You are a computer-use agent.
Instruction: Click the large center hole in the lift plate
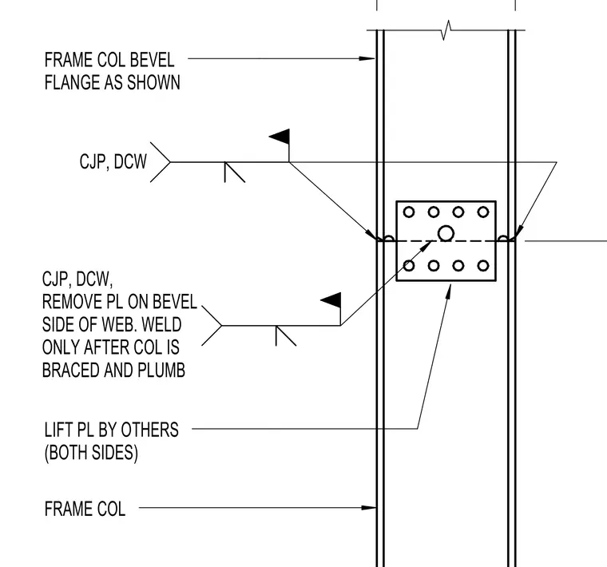446,233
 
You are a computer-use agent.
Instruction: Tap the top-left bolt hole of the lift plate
409,212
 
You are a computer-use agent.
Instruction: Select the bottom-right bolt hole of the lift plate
482,265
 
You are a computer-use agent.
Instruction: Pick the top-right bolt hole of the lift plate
482,212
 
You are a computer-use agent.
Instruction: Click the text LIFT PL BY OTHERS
112,430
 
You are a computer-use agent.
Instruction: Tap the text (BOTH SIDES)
91,453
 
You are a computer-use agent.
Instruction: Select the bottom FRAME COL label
85,509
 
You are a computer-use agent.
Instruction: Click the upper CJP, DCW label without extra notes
113,162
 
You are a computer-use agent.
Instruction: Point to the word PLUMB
161,370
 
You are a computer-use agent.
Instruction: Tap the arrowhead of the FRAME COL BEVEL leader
367,59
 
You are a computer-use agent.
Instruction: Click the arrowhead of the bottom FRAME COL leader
368,507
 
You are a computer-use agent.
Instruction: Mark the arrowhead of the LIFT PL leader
448,291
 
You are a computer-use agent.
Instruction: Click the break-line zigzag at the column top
446,30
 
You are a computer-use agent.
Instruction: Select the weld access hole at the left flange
389,238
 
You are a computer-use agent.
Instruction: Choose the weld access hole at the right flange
503,238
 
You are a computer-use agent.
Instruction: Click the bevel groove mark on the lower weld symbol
286,335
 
